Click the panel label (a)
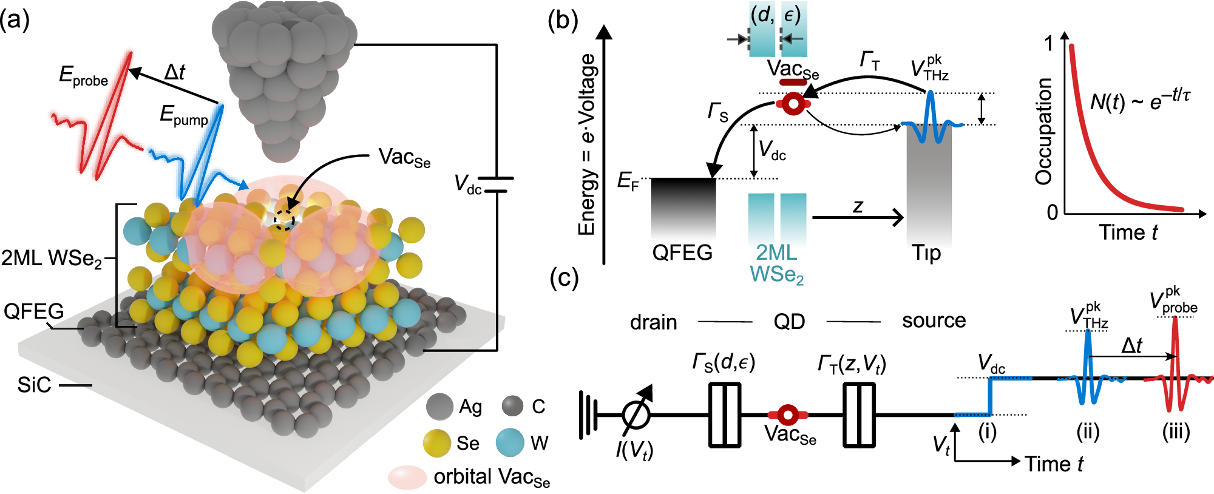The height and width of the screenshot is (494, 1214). click(x=15, y=21)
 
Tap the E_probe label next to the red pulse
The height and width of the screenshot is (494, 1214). click(x=83, y=76)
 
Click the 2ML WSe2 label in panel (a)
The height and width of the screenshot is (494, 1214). click(x=51, y=259)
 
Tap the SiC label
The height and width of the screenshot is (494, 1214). click(x=34, y=385)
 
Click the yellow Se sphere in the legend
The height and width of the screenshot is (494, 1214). click(x=437, y=443)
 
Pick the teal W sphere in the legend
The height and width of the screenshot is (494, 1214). click(x=510, y=443)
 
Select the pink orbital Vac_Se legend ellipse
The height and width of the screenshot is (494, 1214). click(x=407, y=478)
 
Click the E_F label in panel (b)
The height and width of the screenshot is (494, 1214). click(x=628, y=181)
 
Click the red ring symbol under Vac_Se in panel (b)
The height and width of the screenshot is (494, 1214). click(x=793, y=104)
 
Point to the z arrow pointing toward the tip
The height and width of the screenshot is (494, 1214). click(x=858, y=217)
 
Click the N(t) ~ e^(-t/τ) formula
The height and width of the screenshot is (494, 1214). click(x=1140, y=100)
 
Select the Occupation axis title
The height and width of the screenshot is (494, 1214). click(x=1043, y=131)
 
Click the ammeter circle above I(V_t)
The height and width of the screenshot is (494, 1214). click(x=636, y=415)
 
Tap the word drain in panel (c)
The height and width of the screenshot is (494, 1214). click(x=653, y=322)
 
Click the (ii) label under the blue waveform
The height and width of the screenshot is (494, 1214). click(x=1088, y=432)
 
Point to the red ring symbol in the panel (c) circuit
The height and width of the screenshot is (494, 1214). click(x=788, y=415)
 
